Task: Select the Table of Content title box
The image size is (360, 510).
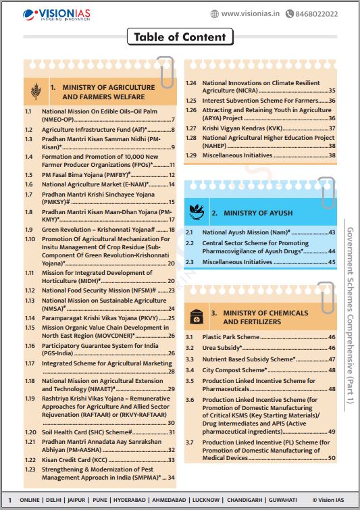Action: pyautogui.click(x=180, y=37)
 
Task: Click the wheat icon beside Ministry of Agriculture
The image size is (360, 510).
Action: pyautogui.click(x=36, y=92)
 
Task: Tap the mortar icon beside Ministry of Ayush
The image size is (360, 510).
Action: pyautogui.click(x=197, y=211)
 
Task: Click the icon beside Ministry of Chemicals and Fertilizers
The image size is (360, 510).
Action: pyautogui.click(x=197, y=317)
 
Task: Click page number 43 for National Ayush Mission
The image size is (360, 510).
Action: pyautogui.click(x=332, y=232)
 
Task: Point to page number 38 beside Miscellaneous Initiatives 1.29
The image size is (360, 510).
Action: pyautogui.click(x=332, y=155)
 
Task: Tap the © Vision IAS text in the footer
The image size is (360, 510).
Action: pyautogui.click(x=332, y=500)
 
